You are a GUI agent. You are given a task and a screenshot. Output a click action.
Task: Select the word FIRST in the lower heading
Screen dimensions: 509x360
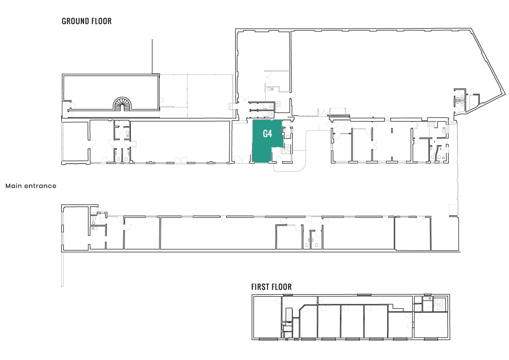pos(261,287)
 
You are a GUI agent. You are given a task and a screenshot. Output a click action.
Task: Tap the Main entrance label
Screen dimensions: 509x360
pos(31,186)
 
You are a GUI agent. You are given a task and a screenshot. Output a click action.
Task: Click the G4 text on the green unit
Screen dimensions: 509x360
pos(267,134)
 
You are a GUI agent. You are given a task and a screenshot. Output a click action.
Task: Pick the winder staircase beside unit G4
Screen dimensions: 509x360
pos(287,149)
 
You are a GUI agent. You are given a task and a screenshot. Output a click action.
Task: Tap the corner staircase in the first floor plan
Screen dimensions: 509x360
pos(441,304)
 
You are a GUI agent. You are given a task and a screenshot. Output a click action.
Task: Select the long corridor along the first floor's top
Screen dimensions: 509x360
pos(347,300)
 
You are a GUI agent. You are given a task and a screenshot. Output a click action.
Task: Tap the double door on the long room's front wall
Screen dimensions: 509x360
pos(181,159)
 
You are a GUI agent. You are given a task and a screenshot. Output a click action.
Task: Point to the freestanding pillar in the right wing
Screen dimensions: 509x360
pos(392,130)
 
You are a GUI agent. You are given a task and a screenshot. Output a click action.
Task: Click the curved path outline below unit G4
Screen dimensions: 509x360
pos(305,149)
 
